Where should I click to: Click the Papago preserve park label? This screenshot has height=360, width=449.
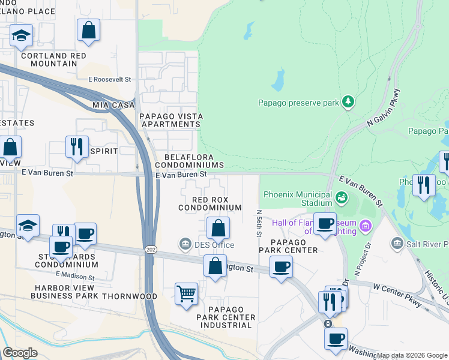(298, 103)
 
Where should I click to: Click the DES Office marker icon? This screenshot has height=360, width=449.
(185, 244)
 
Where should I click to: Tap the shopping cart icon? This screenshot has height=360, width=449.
(187, 294)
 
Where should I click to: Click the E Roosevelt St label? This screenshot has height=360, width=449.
(109, 79)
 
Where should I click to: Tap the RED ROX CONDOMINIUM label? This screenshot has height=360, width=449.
(209, 203)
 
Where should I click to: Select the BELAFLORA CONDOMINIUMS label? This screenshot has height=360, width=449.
(190, 160)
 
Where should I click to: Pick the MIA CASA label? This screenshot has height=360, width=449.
(112, 105)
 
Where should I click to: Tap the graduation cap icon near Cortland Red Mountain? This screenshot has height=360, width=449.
(21, 36)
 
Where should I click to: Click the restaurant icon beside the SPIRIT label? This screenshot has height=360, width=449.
(76, 147)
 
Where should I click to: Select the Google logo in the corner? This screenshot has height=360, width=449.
(20, 353)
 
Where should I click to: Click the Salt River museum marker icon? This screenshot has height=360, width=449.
(397, 244)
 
